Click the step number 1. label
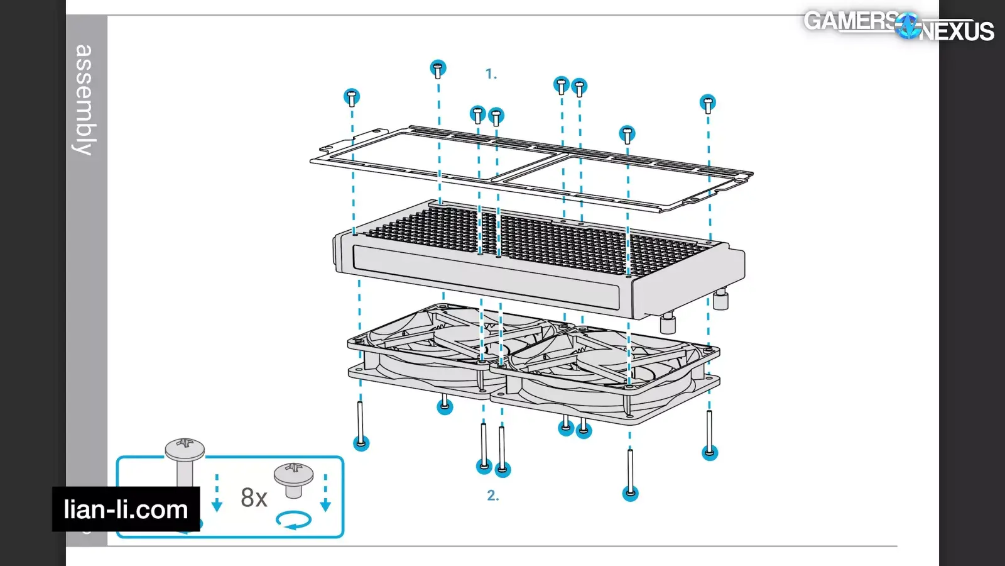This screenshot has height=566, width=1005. point(491,74)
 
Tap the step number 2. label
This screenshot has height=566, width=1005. point(492,496)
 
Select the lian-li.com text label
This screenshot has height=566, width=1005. point(126,509)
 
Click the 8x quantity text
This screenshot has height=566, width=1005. point(254,497)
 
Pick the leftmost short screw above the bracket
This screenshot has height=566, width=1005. point(352,97)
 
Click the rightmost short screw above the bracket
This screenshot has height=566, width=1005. point(708,104)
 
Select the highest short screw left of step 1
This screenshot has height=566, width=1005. point(438,69)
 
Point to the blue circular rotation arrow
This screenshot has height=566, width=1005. point(293,520)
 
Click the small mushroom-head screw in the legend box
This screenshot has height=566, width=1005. point(293,479)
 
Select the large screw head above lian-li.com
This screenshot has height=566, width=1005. point(185,450)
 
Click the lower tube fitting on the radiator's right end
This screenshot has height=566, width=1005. point(667,324)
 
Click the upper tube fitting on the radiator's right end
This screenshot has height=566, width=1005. point(720,300)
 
